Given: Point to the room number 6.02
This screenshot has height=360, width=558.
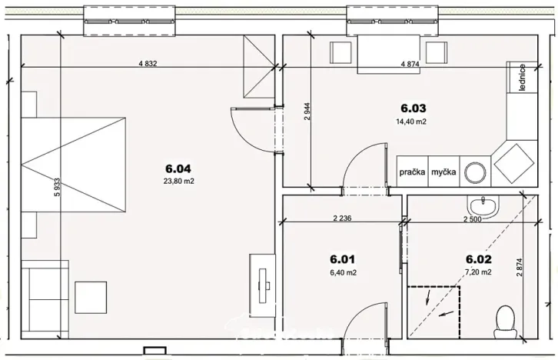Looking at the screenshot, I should (x=479, y=259).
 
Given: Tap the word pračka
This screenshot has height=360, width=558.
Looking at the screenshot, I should (x=412, y=172).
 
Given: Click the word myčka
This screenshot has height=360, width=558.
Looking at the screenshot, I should (x=443, y=172).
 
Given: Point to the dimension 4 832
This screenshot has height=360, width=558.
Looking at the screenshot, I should (x=148, y=64).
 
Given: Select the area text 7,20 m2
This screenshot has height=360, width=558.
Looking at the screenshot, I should (x=479, y=272).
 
